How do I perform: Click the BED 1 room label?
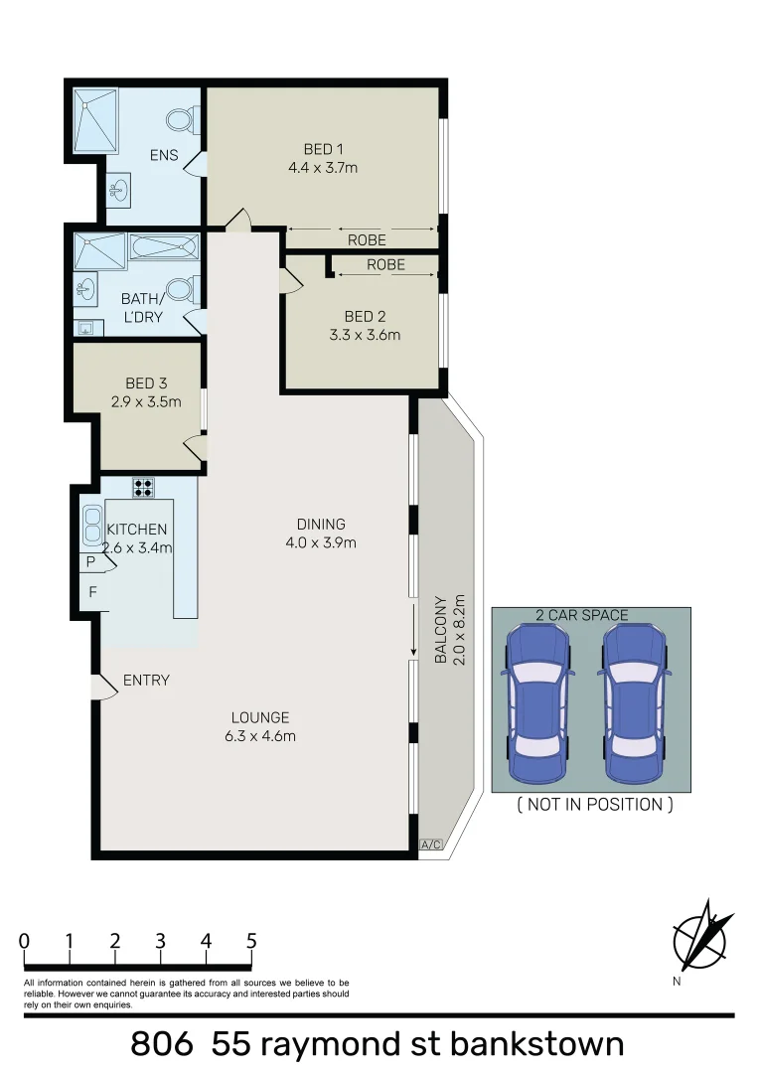tap(317, 149)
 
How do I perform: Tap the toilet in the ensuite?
tap(181, 121)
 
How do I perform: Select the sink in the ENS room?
tap(118, 189)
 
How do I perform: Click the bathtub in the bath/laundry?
tap(164, 246)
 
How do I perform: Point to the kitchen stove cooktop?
tap(143, 487)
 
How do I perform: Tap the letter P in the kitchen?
tap(91, 562)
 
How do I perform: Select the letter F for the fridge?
tap(92, 592)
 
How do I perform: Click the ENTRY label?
tap(146, 681)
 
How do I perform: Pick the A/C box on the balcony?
tap(430, 844)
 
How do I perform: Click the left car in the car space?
tap(537, 701)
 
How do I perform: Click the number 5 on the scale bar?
tap(251, 940)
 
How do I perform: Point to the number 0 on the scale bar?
tap(24, 940)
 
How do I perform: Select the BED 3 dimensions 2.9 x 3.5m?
tap(146, 401)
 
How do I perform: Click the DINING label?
tap(320, 524)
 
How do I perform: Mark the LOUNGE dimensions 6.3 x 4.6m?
tap(259, 736)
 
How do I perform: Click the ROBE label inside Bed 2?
tap(385, 265)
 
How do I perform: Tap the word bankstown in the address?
tap(536, 1044)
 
